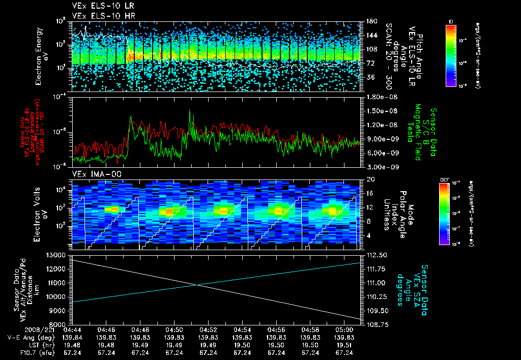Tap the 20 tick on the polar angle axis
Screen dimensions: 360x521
coord(369,179)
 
